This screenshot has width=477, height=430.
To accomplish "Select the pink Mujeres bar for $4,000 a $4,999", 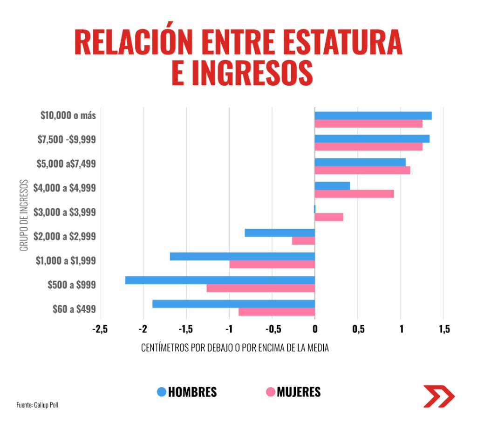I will click(x=354, y=194).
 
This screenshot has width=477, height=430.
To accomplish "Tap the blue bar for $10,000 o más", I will click(x=373, y=116).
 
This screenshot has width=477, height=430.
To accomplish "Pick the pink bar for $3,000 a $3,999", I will click(x=329, y=217).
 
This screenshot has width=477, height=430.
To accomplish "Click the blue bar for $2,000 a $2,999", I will click(x=279, y=232).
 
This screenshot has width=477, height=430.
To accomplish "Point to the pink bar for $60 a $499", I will click(x=277, y=312).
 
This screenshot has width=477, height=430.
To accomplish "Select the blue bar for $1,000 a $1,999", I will click(x=242, y=256).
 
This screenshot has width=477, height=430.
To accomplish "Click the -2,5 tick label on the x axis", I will click(x=100, y=329).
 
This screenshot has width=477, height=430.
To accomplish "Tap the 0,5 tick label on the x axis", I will click(x=358, y=329).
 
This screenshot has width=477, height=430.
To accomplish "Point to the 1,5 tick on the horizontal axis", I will click(x=444, y=329).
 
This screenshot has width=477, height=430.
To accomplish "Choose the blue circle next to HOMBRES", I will click(x=161, y=392).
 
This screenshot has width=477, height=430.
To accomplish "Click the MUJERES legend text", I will click(x=299, y=392).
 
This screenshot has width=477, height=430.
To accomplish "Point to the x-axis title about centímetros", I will click(x=235, y=348).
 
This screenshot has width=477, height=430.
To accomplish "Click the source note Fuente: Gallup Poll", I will click(x=37, y=405).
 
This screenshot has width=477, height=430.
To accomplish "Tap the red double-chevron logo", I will click(x=438, y=396).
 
